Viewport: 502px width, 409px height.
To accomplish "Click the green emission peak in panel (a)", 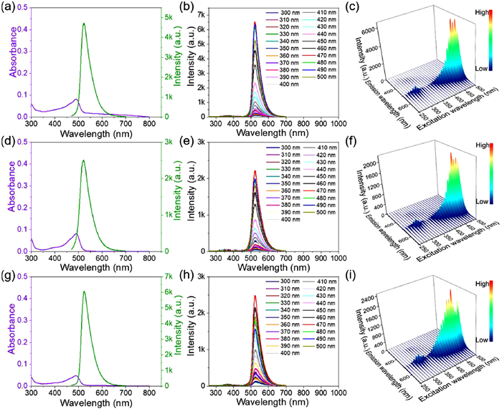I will click(84, 24).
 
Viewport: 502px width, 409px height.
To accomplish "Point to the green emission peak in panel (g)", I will click(85, 292).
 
